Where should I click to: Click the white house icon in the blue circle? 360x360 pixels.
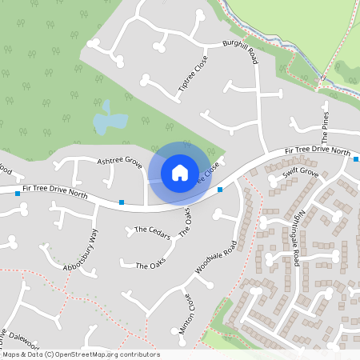(x=180, y=172)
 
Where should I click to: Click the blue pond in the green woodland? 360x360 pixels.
(x=110, y=122)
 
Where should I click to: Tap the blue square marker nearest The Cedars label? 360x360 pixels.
(x=121, y=202)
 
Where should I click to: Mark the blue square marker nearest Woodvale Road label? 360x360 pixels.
(x=220, y=190)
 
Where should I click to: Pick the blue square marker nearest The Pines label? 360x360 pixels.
(x=356, y=158)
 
